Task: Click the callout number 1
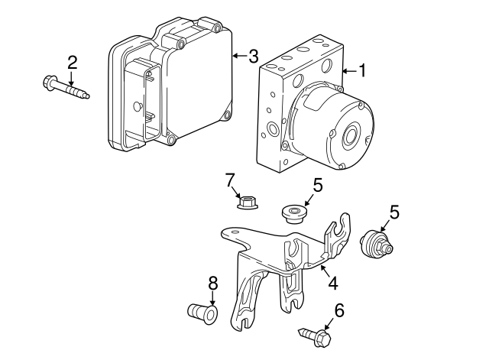click(x=361, y=70)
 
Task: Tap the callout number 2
click(x=72, y=63)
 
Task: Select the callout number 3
click(x=254, y=56)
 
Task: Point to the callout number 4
click(x=333, y=284)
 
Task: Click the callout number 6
click(x=339, y=310)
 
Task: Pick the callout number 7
click(x=229, y=180)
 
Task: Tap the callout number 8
click(x=212, y=284)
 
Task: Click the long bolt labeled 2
click(x=66, y=86)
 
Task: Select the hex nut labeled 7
click(x=248, y=202)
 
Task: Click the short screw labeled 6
click(x=316, y=336)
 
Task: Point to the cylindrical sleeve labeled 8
click(x=202, y=313)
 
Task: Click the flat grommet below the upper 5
click(x=293, y=214)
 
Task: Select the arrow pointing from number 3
click(x=240, y=56)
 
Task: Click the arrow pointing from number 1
click(x=349, y=71)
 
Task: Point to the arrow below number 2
click(x=71, y=78)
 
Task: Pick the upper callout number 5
click(x=318, y=185)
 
